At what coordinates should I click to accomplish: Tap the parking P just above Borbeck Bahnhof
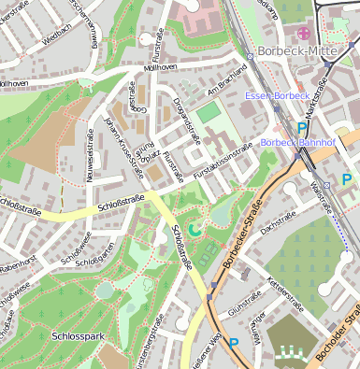coord(301,128)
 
